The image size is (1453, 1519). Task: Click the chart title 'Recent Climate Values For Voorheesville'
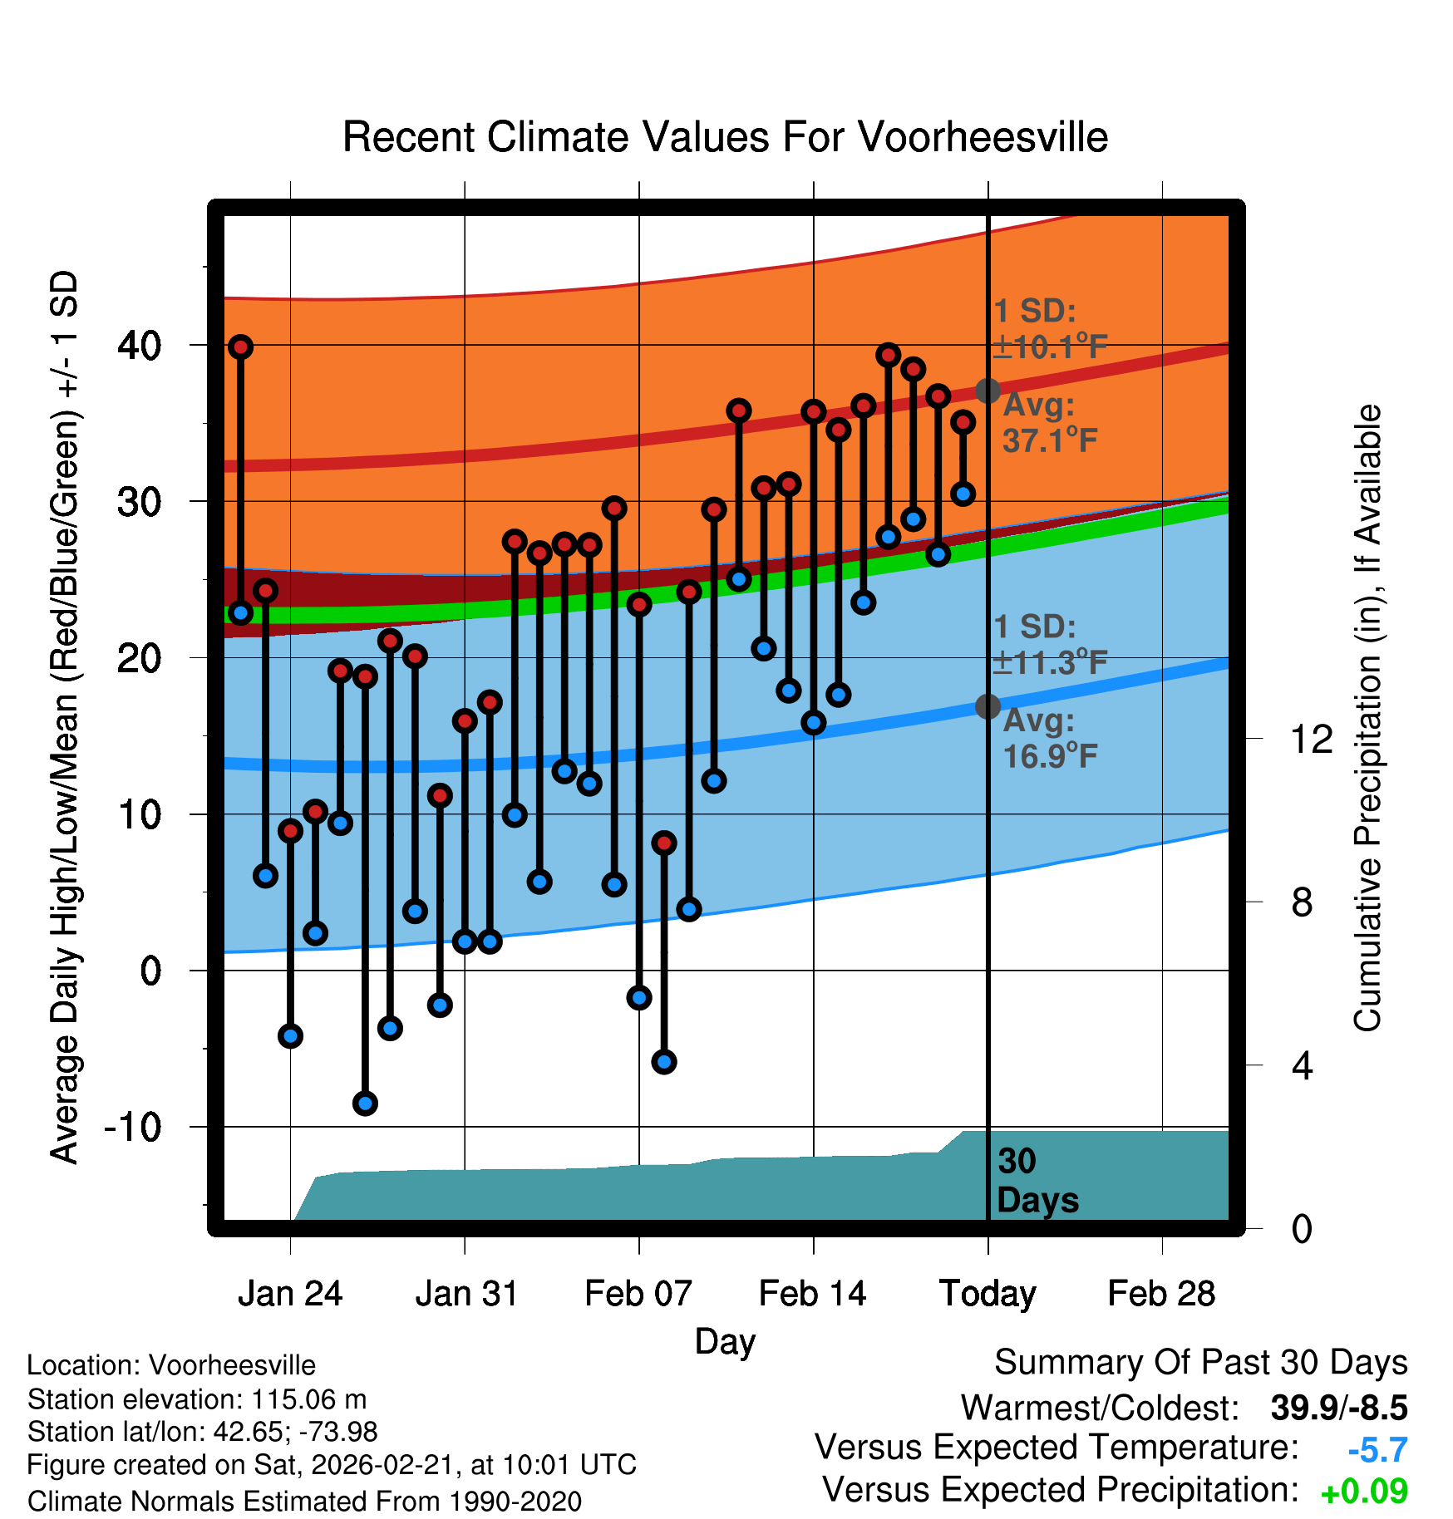click(x=725, y=137)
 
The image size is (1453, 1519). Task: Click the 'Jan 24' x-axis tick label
click(x=290, y=1294)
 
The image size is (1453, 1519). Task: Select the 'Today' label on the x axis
click(x=988, y=1294)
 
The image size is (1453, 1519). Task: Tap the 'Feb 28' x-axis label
click(x=1161, y=1294)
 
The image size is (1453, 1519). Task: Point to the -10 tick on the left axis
click(x=132, y=1128)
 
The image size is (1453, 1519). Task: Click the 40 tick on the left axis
click(x=139, y=345)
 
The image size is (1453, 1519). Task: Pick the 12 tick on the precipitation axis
click(x=1311, y=739)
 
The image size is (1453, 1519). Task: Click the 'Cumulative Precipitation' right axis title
click(x=1367, y=719)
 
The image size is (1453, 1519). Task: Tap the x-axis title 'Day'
click(x=725, y=1340)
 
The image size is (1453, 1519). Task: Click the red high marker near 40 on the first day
click(x=240, y=347)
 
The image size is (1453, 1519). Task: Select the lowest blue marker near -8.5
click(x=365, y=1104)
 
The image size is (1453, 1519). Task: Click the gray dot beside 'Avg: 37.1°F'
click(x=988, y=391)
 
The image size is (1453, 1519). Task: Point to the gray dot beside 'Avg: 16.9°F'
click(x=988, y=706)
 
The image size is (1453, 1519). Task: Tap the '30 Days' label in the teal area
click(x=1037, y=1181)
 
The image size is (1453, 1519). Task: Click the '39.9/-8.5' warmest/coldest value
click(x=1338, y=1408)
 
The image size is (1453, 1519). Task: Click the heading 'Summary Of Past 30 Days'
click(x=1200, y=1363)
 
